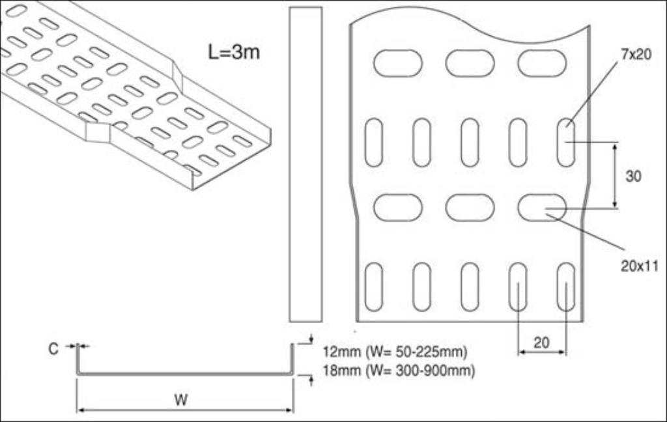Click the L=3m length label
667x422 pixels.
(234, 52)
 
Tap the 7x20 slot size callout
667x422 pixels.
(635, 55)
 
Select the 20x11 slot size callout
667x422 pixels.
(639, 266)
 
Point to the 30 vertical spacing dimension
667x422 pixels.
(633, 176)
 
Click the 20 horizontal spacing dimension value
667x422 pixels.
(541, 343)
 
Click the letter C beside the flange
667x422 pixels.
(53, 349)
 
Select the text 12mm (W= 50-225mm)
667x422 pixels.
(395, 352)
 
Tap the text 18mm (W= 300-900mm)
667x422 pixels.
(399, 371)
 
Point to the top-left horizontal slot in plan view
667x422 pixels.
(397, 63)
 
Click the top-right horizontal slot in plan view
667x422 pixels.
(542, 63)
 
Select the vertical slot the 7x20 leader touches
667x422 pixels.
(565, 142)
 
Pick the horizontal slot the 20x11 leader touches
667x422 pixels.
(542, 208)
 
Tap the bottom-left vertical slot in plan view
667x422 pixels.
(374, 287)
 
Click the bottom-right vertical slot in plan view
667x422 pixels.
(565, 287)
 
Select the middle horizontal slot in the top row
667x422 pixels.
(470, 63)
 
